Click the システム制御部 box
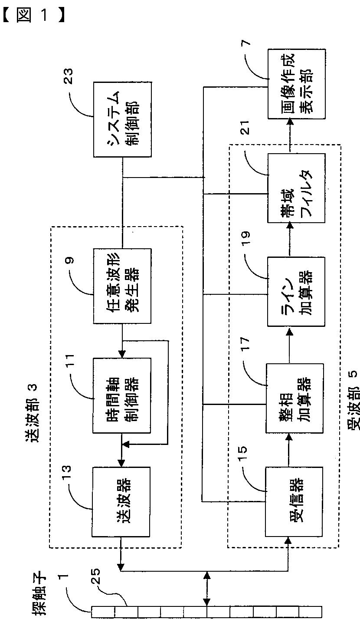click(122, 119)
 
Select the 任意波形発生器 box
click(122, 286)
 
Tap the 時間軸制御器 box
click(122, 395)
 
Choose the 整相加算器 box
click(295, 398)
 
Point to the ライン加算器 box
click(296, 292)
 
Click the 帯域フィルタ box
click(296, 188)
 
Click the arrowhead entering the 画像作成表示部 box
click(290, 122)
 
